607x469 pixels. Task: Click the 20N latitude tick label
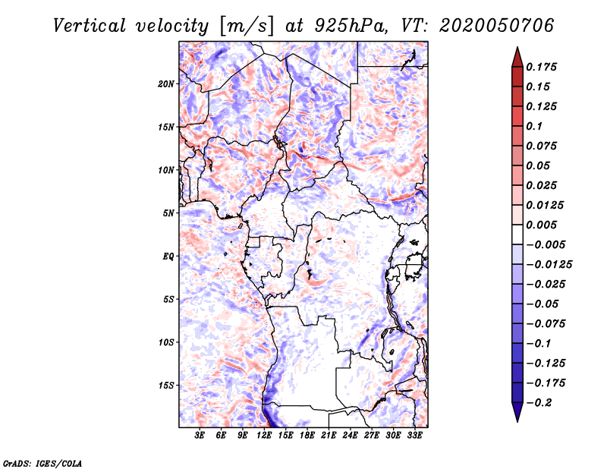166,83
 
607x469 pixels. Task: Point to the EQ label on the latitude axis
168,257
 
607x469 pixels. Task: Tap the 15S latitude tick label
166,386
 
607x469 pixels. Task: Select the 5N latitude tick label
168,213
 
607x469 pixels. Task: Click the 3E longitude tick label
200,436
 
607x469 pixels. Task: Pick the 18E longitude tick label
307,436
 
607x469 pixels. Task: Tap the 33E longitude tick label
414,436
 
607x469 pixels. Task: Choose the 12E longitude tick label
263,436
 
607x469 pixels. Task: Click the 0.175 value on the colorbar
541,67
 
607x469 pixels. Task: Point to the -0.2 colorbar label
539,403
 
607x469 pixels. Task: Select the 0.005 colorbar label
541,225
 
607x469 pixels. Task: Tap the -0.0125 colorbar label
549,265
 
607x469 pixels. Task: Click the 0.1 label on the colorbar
534,126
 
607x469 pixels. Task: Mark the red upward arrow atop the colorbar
517,58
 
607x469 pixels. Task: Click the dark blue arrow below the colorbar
517,412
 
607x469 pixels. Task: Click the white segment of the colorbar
517,234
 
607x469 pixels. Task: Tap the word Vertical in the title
90,26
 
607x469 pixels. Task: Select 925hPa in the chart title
351,26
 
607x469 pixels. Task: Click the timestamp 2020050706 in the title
497,26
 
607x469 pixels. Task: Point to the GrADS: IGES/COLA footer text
42,463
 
